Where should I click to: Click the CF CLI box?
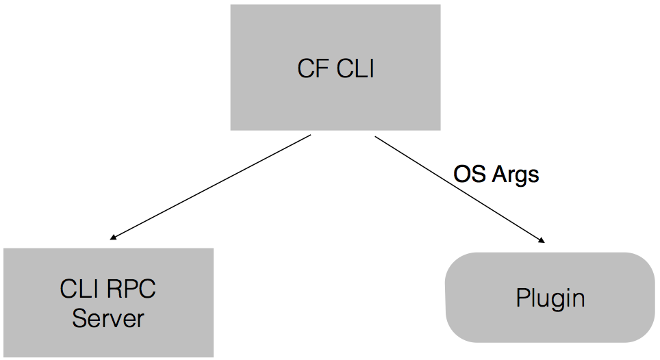(x=335, y=41)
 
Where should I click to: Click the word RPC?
(x=132, y=290)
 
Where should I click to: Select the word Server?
(x=108, y=318)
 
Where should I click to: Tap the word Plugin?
(x=550, y=298)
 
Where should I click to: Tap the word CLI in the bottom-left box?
(x=79, y=290)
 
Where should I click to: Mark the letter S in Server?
(x=79, y=318)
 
